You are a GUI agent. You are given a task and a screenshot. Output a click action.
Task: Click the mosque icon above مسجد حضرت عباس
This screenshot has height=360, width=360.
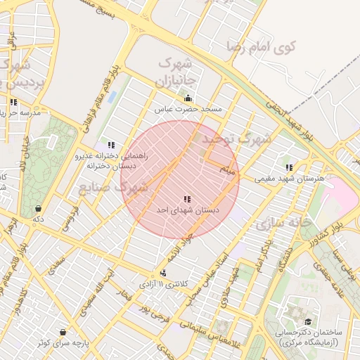point(188,98)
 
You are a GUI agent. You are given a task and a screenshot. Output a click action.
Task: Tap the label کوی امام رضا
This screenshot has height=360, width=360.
point(262,46)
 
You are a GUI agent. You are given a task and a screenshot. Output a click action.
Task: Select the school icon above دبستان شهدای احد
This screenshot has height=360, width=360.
point(187,199)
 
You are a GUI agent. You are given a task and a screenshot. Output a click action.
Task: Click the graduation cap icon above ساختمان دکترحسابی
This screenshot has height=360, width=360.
point(308,321)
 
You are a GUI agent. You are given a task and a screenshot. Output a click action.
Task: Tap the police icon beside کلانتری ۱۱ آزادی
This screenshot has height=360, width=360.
point(164,273)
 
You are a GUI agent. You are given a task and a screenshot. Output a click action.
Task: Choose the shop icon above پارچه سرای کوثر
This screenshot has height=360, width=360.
point(63,332)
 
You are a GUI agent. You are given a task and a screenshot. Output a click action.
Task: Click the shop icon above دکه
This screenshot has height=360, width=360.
point(37,208)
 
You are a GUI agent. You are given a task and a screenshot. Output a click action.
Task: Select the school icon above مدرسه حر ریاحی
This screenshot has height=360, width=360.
point(13,102)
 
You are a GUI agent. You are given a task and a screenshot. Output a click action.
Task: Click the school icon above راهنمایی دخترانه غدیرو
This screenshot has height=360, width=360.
point(111,145)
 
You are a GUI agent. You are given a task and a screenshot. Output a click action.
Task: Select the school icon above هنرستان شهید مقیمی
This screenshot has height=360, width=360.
point(289,167)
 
